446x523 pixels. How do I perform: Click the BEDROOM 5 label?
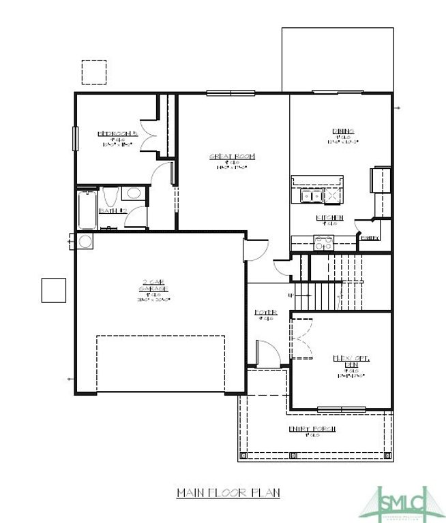tap(117, 133)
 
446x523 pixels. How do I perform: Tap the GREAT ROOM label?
tap(231, 157)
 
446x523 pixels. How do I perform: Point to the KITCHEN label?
tap(329, 218)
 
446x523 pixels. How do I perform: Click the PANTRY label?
tap(370, 238)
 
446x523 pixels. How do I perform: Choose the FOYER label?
tap(265, 313)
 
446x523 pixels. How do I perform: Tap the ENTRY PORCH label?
tap(312, 428)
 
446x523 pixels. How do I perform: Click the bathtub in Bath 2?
tap(87, 210)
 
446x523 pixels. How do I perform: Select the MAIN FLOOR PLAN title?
tap(228, 492)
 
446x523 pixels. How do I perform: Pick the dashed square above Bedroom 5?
tap(94, 72)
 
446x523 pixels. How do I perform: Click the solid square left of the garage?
tap(54, 290)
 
